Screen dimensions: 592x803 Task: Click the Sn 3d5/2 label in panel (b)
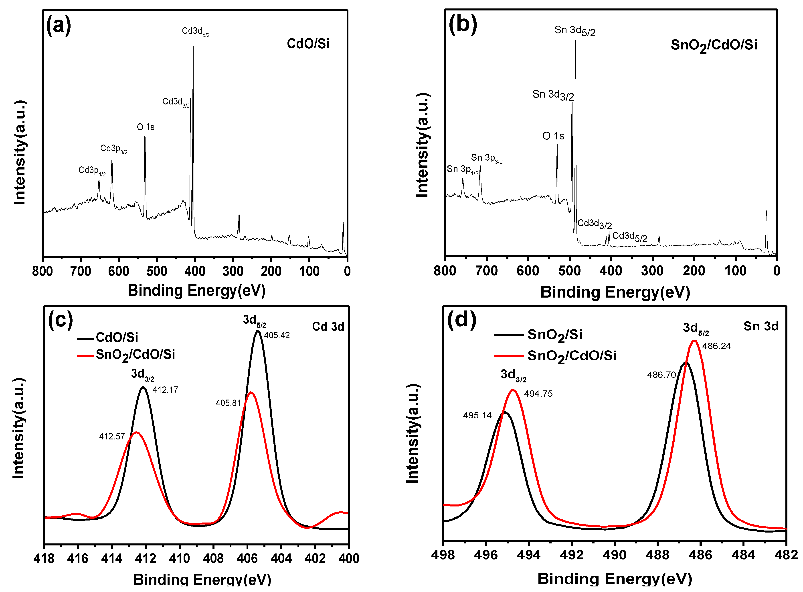574,31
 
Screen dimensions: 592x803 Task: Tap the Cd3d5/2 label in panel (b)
629,237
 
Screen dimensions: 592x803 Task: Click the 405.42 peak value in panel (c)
277,335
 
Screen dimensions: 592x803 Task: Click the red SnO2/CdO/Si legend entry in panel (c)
135,355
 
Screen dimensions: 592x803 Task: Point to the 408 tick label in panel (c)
213,558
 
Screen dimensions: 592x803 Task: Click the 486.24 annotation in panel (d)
716,346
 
